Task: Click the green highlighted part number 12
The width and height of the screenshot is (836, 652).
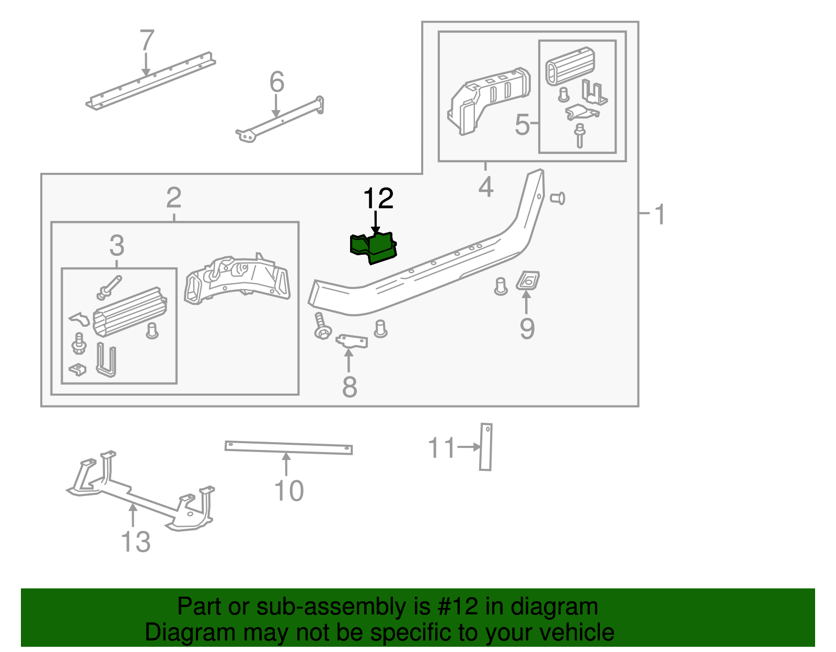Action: [x=374, y=248]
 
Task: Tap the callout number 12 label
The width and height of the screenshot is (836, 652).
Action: [x=378, y=199]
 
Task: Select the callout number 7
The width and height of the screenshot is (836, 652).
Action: [x=147, y=41]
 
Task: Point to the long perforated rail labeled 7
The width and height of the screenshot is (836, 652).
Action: [x=152, y=80]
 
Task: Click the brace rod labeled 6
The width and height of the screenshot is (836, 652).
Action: [x=282, y=120]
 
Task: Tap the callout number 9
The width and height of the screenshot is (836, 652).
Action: [x=527, y=328]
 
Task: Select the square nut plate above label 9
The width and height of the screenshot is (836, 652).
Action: [x=528, y=280]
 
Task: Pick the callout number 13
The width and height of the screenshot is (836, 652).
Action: [x=135, y=541]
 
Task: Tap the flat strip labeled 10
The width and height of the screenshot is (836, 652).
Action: [x=288, y=447]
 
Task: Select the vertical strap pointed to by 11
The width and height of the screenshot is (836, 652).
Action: [x=486, y=447]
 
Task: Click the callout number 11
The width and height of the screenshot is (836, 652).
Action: [x=442, y=448]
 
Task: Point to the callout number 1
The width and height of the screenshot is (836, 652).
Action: [x=660, y=215]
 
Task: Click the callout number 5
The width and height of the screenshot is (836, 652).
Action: [x=522, y=125]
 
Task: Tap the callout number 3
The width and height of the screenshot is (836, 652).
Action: [x=117, y=245]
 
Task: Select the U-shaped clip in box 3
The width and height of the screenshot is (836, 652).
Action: [x=106, y=360]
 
